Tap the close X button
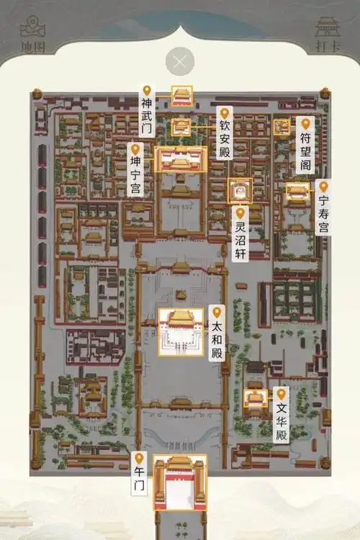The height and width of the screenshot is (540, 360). coord(180,61)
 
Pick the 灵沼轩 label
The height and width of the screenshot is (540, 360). coord(240,238)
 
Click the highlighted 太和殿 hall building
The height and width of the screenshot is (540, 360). coord(180,331)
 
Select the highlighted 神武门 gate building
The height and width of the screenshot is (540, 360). coord(181,96)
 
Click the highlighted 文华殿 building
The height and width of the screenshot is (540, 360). coord(255,398)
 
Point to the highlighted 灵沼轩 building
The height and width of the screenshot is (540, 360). coord(240,191)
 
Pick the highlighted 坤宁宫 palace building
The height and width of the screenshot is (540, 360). coord(181,159)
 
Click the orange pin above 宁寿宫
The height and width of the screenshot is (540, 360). coord(324,186)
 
